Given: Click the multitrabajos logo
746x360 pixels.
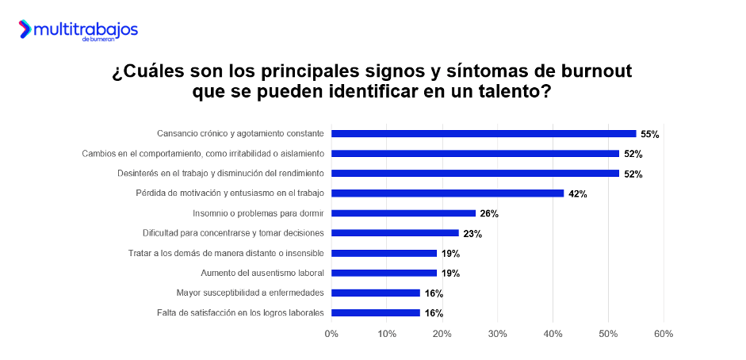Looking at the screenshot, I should [78, 31].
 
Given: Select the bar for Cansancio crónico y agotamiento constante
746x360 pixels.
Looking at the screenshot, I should [484, 133].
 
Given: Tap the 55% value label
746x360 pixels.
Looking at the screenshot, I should [650, 134].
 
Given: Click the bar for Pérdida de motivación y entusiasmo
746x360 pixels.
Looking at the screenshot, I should [447, 193].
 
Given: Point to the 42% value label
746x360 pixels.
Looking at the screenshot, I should [577, 193].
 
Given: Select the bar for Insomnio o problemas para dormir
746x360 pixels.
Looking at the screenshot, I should [403, 213].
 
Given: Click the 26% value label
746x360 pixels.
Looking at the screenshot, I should [489, 213].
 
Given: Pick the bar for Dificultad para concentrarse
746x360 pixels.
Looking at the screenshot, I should [395, 233].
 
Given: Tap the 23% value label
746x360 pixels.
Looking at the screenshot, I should [472, 234].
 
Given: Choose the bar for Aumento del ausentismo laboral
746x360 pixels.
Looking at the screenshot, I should [384, 273].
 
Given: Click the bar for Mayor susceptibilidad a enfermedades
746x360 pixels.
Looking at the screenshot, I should [375, 293].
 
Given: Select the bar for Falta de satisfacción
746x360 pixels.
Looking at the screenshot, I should [375, 312].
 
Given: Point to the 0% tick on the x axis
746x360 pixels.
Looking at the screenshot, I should [331, 334].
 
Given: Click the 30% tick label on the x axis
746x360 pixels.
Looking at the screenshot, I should [497, 334].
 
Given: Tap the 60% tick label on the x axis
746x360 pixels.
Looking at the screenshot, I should [663, 334].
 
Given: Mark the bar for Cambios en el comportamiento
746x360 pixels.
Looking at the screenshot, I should [475, 153].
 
